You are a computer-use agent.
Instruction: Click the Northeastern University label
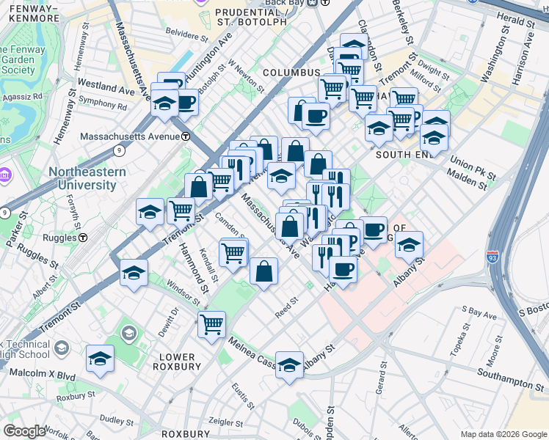click(87, 178)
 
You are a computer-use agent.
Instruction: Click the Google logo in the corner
click(23, 431)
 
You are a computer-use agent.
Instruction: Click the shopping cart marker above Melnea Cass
click(211, 323)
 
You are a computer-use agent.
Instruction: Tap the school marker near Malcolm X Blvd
click(100, 359)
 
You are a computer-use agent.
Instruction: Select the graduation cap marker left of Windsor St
click(134, 273)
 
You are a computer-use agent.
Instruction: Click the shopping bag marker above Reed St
click(263, 271)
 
